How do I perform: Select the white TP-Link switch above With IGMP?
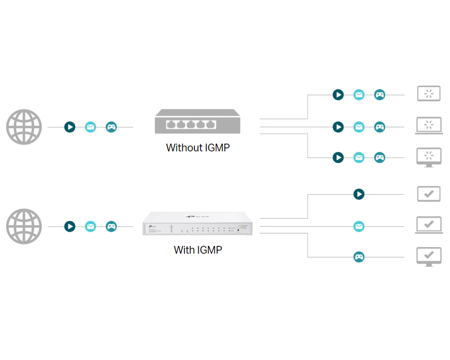coord(198,223)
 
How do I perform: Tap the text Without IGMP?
coord(198,148)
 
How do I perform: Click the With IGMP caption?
coord(198,250)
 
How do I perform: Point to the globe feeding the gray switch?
coord(24,127)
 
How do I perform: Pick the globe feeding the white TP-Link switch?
coord(24,226)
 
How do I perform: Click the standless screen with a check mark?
coord(429,194)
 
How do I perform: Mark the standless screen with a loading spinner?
coord(429,94)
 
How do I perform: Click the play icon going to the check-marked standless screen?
coord(359,194)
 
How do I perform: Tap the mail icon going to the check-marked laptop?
coord(359,226)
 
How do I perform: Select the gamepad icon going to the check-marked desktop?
coord(359,257)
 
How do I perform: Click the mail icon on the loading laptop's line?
coord(359,127)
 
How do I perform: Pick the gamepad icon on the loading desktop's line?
coord(380,157)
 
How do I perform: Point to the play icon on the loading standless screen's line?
coord(338,94)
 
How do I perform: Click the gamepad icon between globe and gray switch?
coord(111,127)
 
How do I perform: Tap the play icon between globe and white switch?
coord(70,226)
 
